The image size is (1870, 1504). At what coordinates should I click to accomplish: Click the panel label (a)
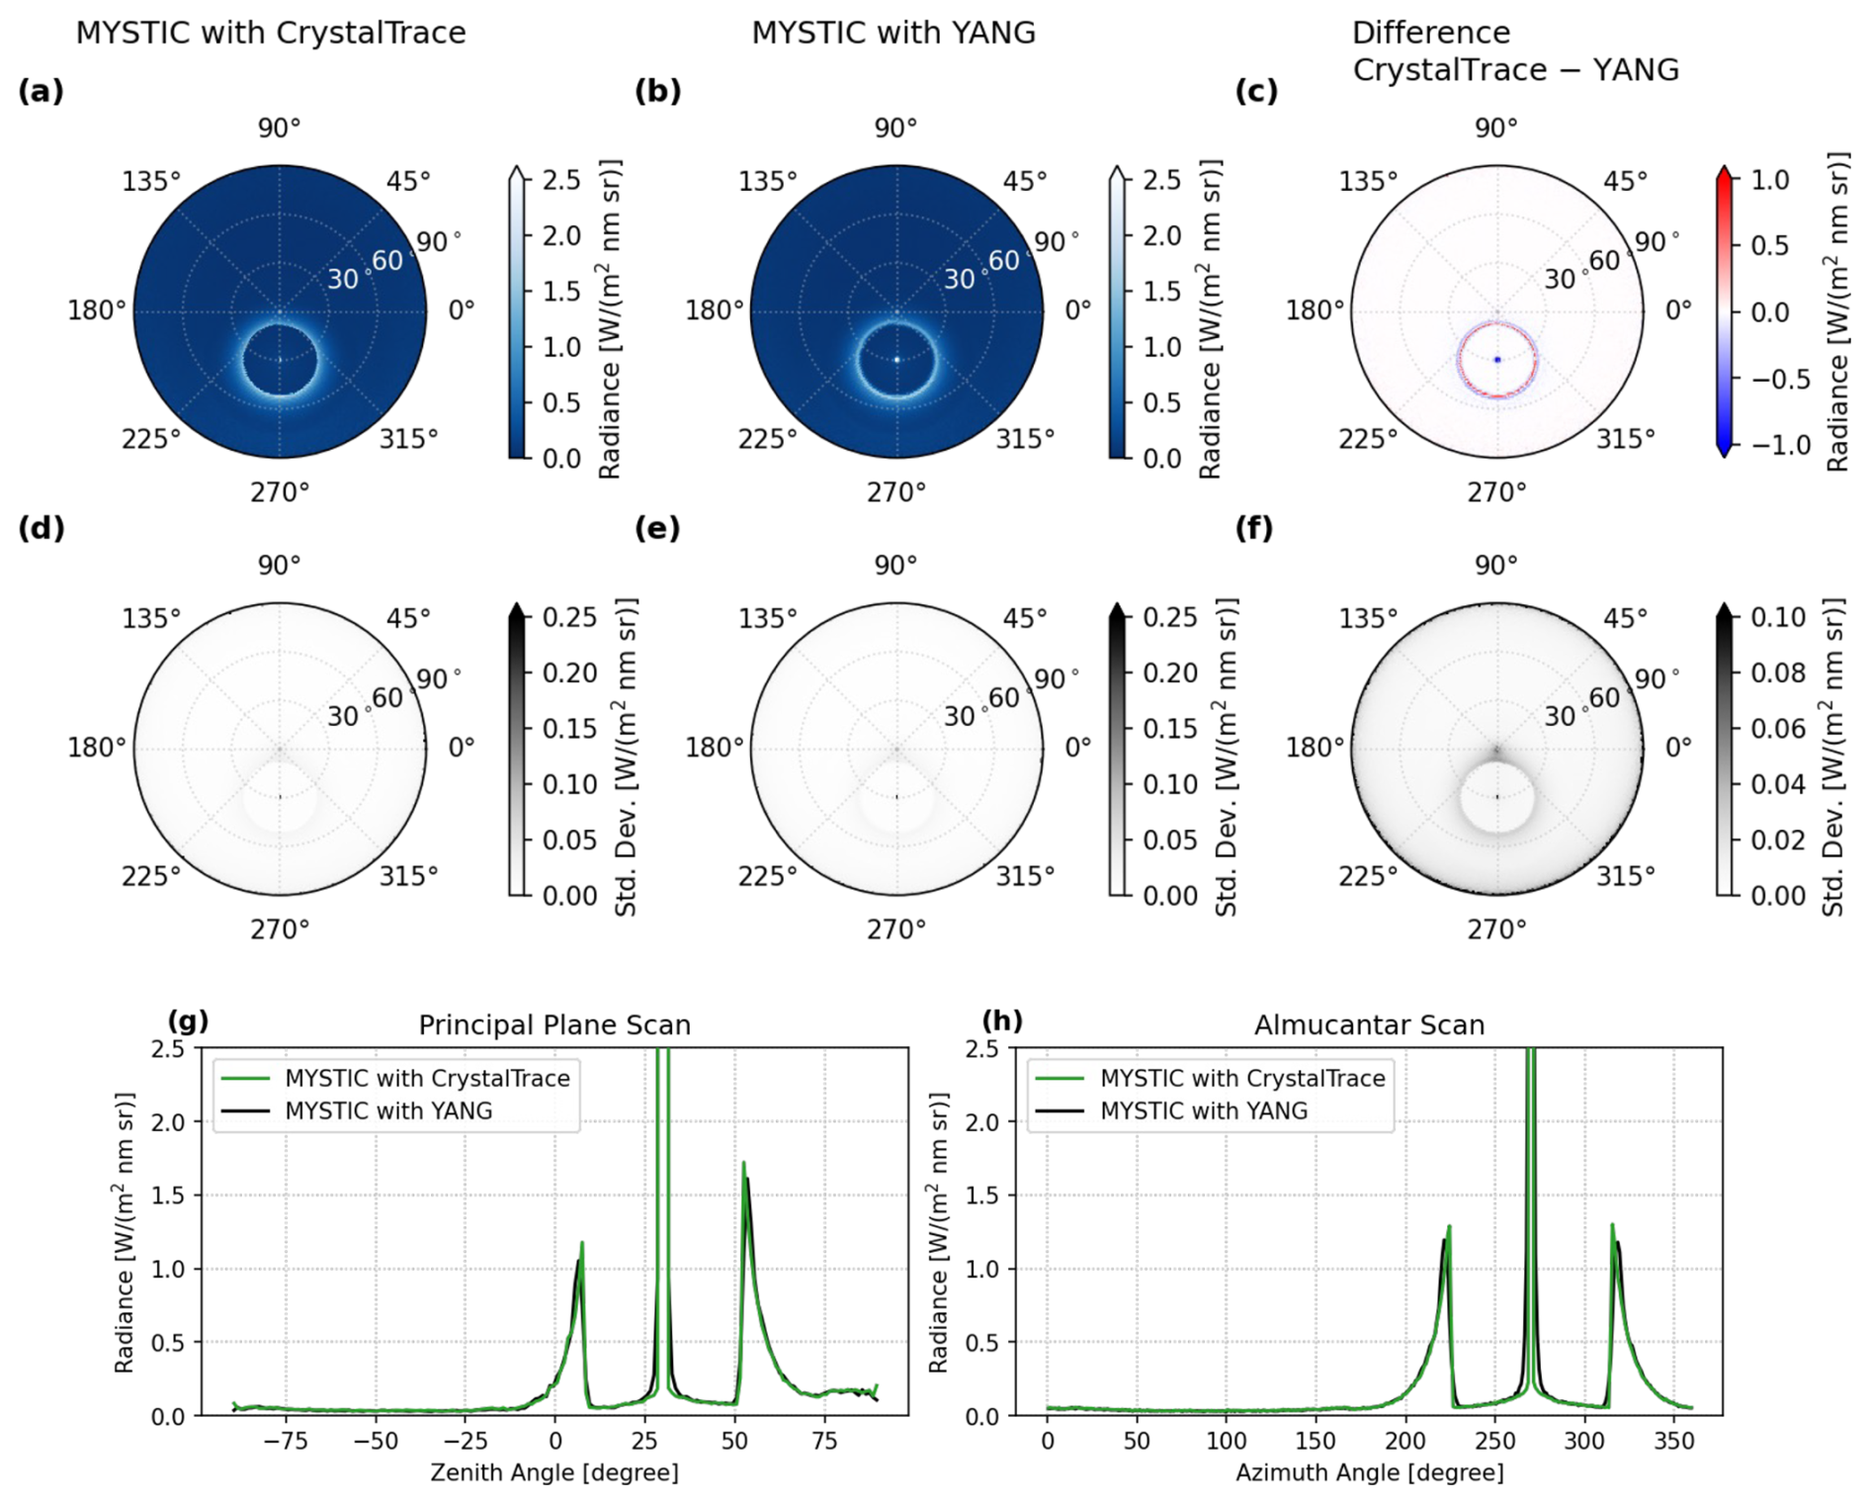pyautogui.click(x=41, y=92)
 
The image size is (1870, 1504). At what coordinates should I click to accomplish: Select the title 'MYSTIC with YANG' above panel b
pyautogui.click(x=893, y=33)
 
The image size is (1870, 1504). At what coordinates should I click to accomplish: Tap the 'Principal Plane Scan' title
pyautogui.click(x=553, y=1024)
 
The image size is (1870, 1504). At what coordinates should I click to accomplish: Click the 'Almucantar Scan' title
pyautogui.click(x=1369, y=1024)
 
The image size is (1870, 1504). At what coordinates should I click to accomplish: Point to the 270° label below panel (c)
pyautogui.click(x=1496, y=491)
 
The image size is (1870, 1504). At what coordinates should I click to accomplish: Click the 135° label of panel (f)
pyautogui.click(x=1367, y=619)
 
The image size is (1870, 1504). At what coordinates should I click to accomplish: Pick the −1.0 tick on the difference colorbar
pyautogui.click(x=1781, y=445)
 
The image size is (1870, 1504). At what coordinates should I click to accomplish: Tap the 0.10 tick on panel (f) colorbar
pyautogui.click(x=1778, y=617)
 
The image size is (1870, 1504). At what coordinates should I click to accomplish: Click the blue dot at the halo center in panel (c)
pyautogui.click(x=1497, y=360)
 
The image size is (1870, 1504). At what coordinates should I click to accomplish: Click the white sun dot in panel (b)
pyautogui.click(x=897, y=360)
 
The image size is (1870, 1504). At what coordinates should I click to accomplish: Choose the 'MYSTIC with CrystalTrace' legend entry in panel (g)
pyautogui.click(x=427, y=1078)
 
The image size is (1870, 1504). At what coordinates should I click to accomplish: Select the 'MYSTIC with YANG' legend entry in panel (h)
pyautogui.click(x=1203, y=1110)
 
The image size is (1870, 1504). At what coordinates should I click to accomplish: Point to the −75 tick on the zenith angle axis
pyautogui.click(x=286, y=1441)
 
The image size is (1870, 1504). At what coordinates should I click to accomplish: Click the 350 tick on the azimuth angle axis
pyautogui.click(x=1674, y=1441)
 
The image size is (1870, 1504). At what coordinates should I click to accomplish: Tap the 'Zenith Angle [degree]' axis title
pyautogui.click(x=553, y=1472)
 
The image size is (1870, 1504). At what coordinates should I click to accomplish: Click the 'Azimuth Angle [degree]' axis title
pyautogui.click(x=1369, y=1472)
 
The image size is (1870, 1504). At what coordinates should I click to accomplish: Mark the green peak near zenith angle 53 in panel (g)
pyautogui.click(x=743, y=1165)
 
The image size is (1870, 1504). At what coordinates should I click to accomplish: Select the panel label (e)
pyautogui.click(x=657, y=529)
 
